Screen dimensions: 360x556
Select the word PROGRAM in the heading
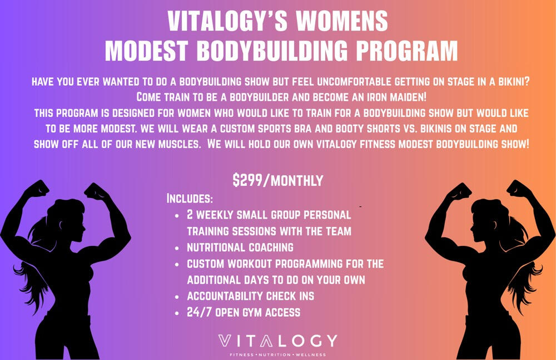(407, 51)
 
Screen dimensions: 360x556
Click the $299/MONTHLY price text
(278, 180)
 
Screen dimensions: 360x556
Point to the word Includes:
(190, 199)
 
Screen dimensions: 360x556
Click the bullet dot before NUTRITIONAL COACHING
(176, 248)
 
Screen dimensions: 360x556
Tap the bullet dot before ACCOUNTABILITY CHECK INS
(176, 297)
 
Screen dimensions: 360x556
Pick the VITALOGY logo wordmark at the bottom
(278, 341)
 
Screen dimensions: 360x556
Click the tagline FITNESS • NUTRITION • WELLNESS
(278, 354)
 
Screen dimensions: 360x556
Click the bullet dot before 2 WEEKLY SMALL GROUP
(176, 215)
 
